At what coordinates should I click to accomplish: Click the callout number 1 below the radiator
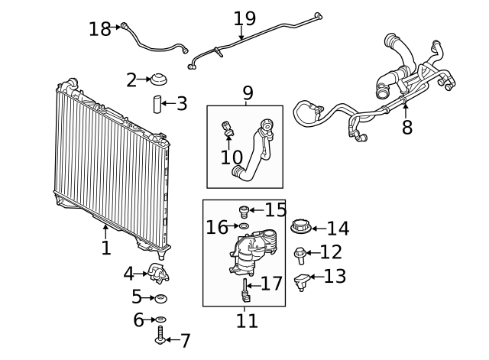105,248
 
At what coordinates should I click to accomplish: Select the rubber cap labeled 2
160,79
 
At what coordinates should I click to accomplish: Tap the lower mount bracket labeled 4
158,273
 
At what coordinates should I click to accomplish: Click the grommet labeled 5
161,297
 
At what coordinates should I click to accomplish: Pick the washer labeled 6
160,319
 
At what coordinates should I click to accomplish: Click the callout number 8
406,128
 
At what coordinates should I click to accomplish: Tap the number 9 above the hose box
247,93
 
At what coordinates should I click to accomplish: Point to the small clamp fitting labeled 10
226,128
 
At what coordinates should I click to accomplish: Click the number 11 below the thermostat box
247,321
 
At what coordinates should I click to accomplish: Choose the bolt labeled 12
301,253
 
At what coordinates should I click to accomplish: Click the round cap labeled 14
300,227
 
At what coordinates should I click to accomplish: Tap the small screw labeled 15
244,210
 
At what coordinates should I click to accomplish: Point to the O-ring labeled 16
243,226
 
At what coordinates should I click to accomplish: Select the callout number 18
99,29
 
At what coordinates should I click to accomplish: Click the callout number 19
244,18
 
